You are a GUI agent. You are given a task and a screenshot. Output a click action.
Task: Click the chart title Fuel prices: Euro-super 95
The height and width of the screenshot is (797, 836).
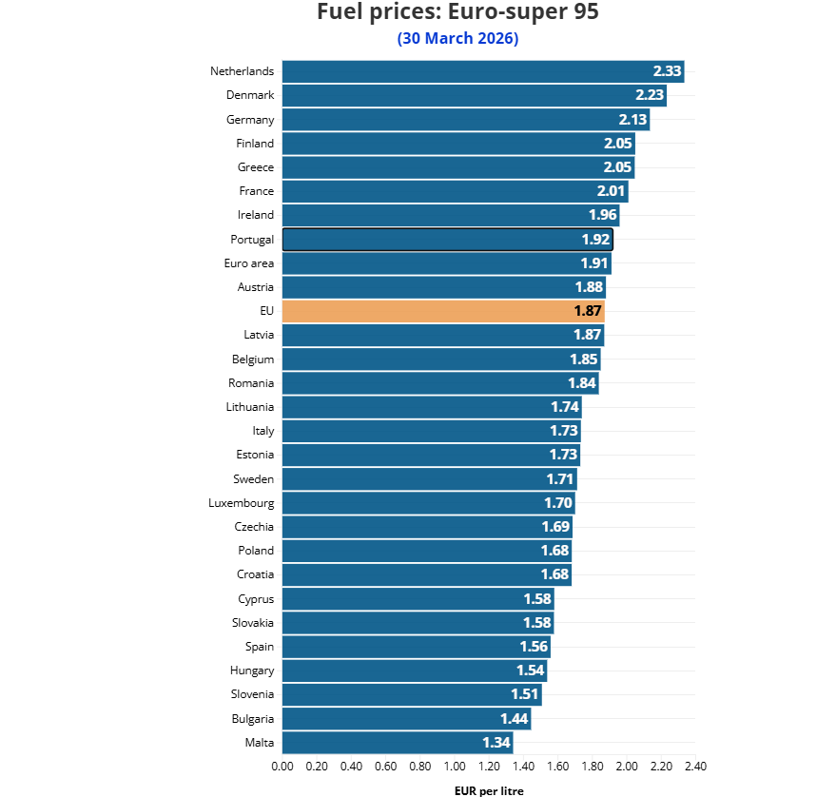point(457,12)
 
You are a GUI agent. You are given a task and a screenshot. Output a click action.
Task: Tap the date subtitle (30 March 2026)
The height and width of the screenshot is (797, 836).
point(457,38)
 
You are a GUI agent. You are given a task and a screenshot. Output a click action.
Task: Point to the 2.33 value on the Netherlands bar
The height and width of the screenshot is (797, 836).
point(667,71)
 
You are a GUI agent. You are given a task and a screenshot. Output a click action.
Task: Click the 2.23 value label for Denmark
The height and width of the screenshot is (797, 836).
point(650,95)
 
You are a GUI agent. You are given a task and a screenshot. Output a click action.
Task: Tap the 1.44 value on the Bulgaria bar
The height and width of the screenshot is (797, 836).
point(515,719)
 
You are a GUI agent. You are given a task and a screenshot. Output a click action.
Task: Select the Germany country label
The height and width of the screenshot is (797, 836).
point(250,120)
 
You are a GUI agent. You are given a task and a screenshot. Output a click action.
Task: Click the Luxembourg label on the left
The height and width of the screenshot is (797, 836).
point(242,503)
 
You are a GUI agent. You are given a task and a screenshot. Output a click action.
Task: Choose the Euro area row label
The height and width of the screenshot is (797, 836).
point(249,263)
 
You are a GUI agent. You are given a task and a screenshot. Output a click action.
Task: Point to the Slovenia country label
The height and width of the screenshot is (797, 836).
point(252,694)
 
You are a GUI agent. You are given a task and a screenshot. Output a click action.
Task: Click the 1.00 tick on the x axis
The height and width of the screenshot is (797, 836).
point(455,766)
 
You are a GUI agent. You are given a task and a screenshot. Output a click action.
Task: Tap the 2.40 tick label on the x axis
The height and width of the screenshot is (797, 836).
point(695,766)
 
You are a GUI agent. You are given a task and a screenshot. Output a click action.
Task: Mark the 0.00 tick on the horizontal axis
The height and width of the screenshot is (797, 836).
point(282,766)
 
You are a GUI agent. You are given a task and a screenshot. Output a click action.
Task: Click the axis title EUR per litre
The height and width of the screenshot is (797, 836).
point(489,790)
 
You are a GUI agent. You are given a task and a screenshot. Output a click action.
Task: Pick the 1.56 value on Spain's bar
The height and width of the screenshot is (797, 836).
point(534,647)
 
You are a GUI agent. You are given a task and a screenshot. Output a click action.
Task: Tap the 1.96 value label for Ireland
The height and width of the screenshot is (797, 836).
point(602,215)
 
